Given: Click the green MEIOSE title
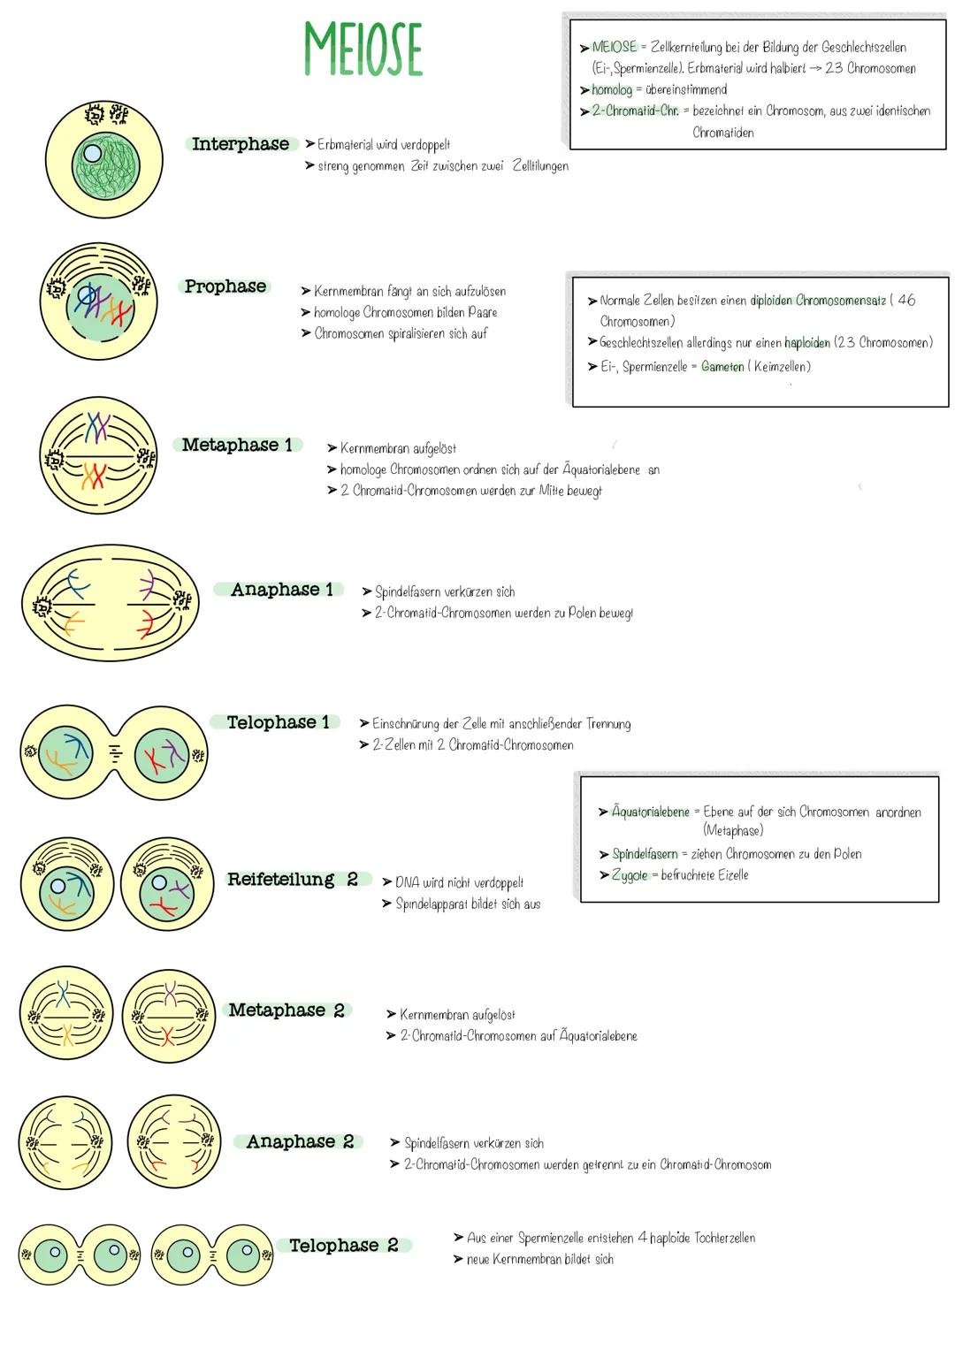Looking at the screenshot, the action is pos(363,49).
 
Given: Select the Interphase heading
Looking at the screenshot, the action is pos(240,144).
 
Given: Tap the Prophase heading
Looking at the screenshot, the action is pos(225,286).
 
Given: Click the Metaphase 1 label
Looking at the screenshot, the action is pos(237,445).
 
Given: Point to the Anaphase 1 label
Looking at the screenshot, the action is pos(281,590).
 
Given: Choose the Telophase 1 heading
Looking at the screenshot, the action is pos(278,722).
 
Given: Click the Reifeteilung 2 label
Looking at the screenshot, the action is pos(293,880).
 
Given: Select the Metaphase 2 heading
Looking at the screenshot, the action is pos(286,1010).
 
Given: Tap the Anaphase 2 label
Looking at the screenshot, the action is pos(300,1141).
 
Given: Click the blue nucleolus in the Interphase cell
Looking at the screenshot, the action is pos(92,153).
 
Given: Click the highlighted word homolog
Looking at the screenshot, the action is pos(611,90).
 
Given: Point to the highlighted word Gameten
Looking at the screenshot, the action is pos(722,366).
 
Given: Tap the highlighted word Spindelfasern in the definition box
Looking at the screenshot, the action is pos(646,854).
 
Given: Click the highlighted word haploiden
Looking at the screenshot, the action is pos(807,343).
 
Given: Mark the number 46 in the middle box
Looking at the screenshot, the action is pos(906,300).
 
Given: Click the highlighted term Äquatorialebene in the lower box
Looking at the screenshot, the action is pos(651,812).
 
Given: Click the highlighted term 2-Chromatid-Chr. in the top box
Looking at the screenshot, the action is pos(635,111).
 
